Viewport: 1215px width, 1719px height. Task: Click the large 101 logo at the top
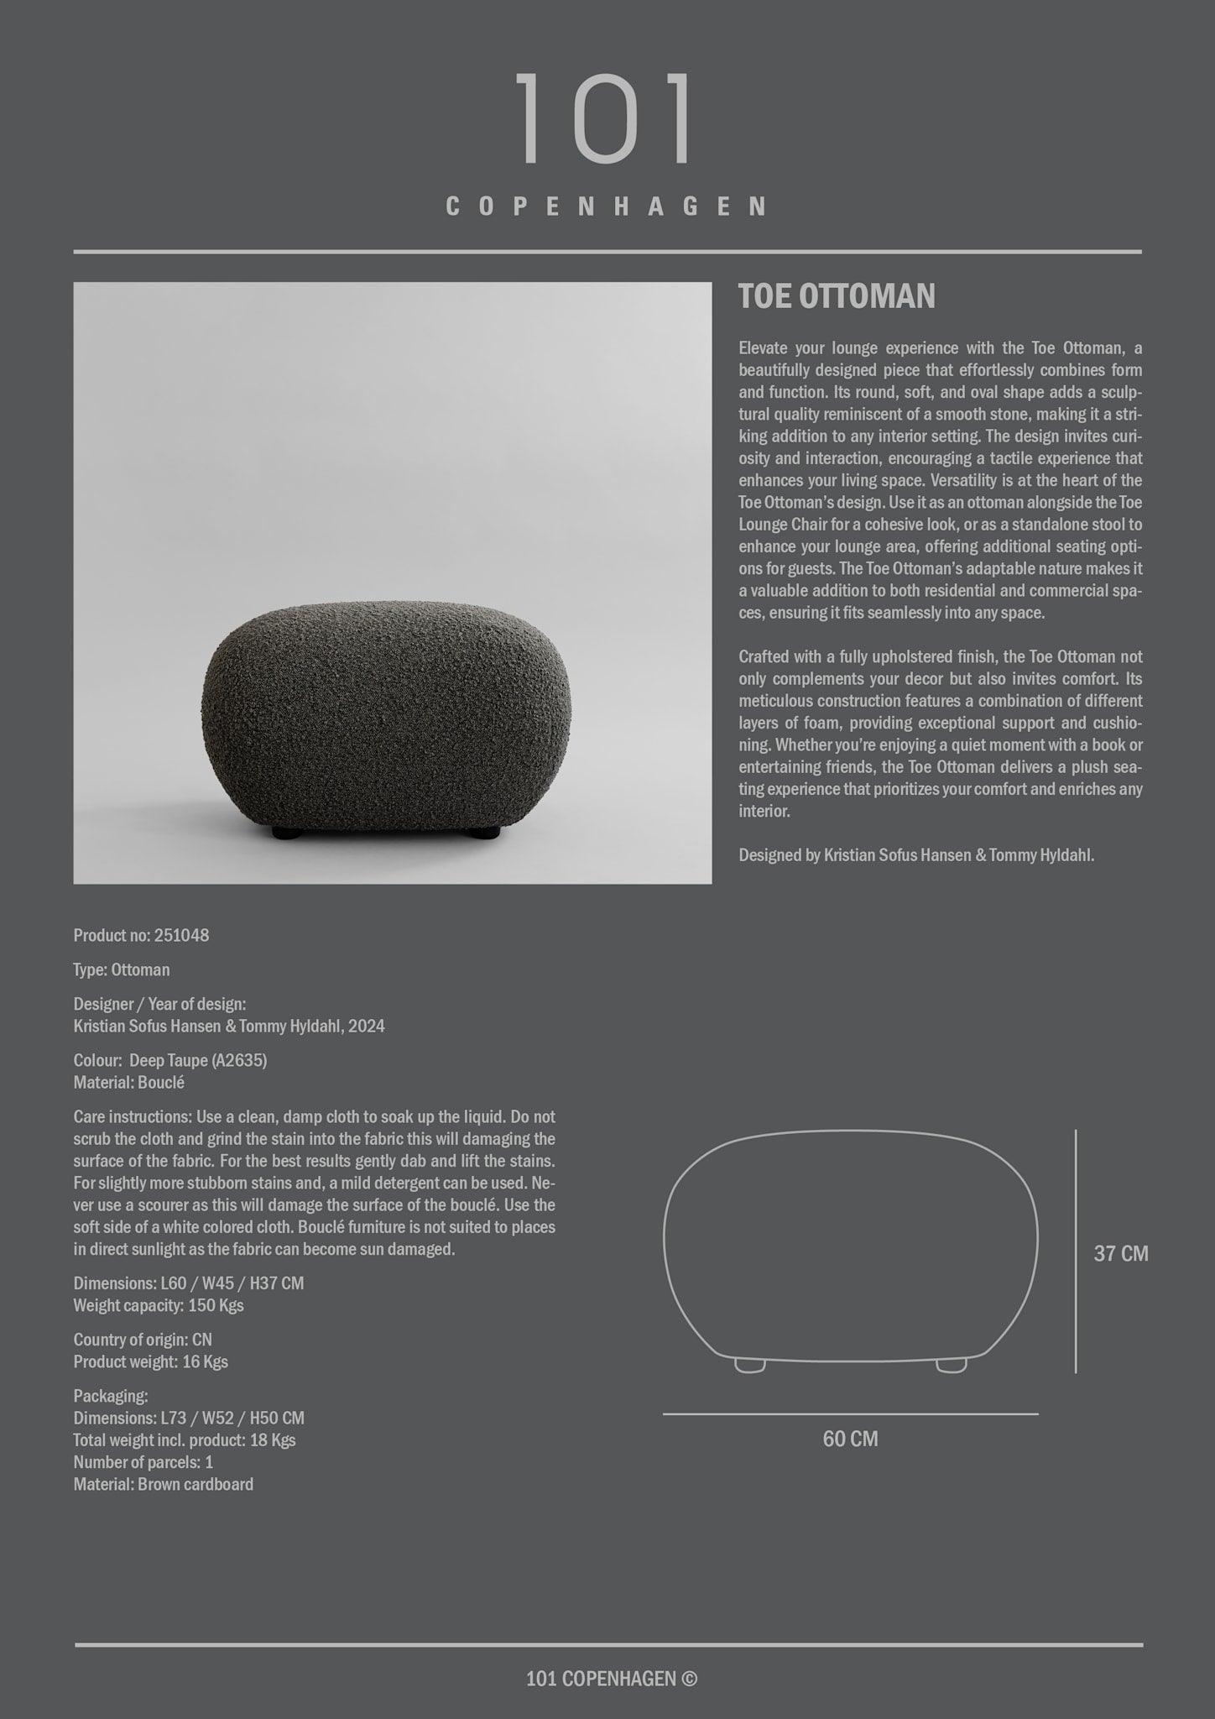[x=605, y=119]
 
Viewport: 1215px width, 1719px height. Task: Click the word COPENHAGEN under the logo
[x=607, y=206]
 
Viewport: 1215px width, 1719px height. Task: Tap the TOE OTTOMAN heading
[x=836, y=297]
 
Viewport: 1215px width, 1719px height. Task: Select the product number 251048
[x=181, y=936]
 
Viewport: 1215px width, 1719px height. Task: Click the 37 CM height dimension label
[x=1120, y=1254]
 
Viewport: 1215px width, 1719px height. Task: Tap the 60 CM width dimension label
[x=850, y=1439]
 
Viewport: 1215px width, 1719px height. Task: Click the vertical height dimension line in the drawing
[x=1076, y=1251]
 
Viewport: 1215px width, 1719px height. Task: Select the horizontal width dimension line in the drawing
[x=850, y=1414]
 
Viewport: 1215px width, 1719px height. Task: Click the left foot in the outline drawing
[x=749, y=1366]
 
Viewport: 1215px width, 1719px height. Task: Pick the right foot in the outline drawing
[x=951, y=1366]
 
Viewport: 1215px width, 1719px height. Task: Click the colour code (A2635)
[x=239, y=1061]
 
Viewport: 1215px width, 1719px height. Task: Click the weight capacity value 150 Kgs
[x=216, y=1306]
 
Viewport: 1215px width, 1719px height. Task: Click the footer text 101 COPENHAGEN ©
[x=612, y=1678]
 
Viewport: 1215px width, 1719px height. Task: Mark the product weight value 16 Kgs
[x=204, y=1362]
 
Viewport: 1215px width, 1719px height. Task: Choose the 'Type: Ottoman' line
[x=122, y=970]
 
